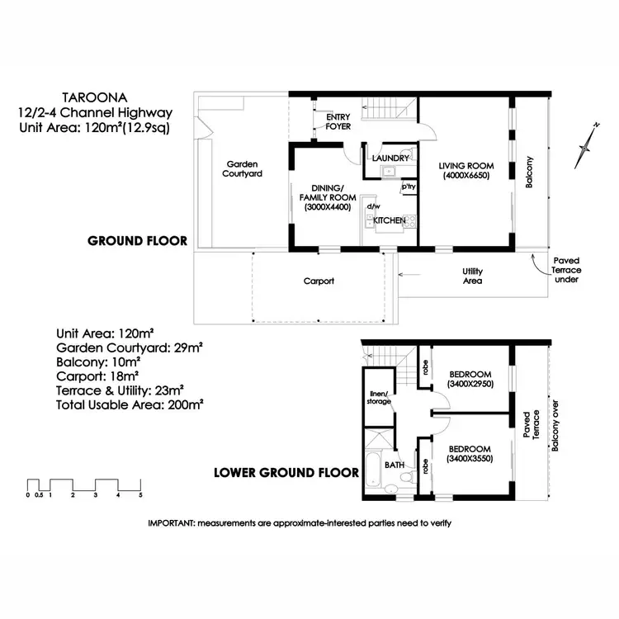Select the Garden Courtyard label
[x=243, y=169]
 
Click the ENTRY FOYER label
[x=338, y=121]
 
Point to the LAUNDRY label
[x=387, y=158]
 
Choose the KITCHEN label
[x=389, y=220]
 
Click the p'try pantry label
[x=408, y=187]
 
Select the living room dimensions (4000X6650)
[x=465, y=176]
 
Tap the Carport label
[x=319, y=281]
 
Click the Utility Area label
[x=473, y=276]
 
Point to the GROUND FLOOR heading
[x=138, y=241]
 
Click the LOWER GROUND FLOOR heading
[x=286, y=473]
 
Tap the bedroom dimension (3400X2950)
[x=469, y=384]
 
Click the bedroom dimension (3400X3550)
[x=469, y=459]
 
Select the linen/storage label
[x=379, y=398]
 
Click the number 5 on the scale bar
[x=141, y=495]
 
